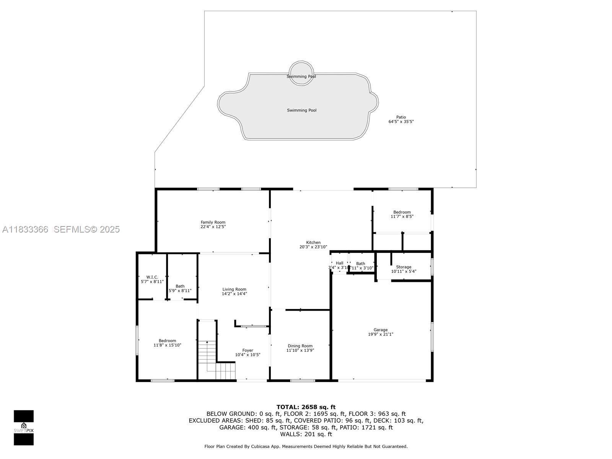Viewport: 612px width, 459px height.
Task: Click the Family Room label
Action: [213, 222]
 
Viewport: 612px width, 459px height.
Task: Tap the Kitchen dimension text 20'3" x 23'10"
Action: [313, 247]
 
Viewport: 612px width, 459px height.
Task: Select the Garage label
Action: [381, 330]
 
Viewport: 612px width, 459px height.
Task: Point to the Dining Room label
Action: [300, 346]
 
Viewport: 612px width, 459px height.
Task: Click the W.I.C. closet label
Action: [152, 277]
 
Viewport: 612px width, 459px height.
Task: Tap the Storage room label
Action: [404, 267]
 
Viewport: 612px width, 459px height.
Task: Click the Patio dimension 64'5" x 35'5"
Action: [401, 122]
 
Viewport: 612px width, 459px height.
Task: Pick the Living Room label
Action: [234, 289]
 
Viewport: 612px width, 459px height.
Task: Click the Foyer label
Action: [247, 350]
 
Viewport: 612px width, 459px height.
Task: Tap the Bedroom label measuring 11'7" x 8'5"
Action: [402, 212]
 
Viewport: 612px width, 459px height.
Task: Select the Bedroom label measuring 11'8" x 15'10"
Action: [168, 341]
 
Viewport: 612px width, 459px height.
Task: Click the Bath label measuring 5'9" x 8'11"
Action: [180, 286]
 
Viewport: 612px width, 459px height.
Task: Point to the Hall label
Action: [340, 263]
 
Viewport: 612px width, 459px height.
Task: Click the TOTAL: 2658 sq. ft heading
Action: [306, 407]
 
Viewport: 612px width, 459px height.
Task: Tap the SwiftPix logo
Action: [24, 428]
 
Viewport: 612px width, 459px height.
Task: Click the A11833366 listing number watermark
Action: [25, 229]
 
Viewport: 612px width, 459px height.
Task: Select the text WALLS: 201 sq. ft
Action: [306, 434]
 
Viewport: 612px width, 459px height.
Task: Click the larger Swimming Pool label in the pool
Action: [302, 110]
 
